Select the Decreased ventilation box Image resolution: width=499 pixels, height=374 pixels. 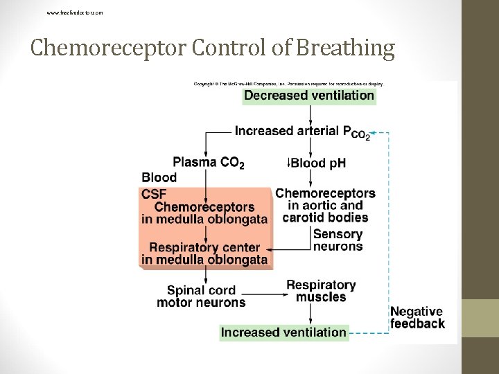pos(309,96)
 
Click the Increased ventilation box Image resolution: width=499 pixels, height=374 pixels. pos(283,332)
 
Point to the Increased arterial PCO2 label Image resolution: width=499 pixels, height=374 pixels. pos(302,132)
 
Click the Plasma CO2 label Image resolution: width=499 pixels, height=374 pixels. pos(209,163)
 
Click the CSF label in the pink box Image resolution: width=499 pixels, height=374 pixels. pos(154,194)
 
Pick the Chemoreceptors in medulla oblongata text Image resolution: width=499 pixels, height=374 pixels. pos(204,213)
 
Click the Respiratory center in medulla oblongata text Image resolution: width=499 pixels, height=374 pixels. pos(204,253)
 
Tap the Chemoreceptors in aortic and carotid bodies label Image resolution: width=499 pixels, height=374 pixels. pos(325,205)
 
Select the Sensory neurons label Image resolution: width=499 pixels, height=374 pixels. pos(338,240)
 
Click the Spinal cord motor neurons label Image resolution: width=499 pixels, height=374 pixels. pos(201,296)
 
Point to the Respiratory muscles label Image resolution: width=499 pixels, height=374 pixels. pos(321,291)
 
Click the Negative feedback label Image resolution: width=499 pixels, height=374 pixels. pos(417,318)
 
